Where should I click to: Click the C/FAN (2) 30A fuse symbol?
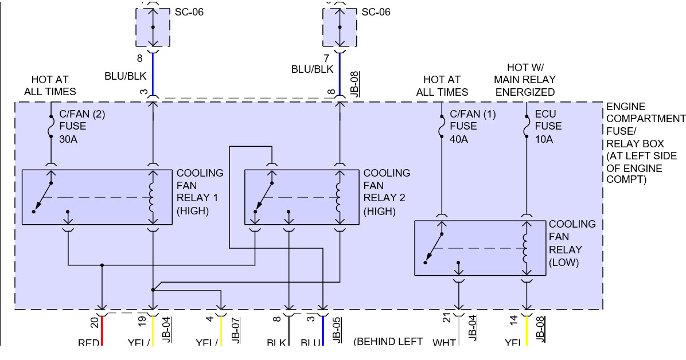[51, 126]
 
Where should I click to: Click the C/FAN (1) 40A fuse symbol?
[442, 126]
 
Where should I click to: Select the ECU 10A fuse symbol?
[527, 126]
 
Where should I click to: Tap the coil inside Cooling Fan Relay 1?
[153, 198]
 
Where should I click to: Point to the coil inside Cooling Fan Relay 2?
[340, 198]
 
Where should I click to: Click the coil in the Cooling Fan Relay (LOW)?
[526, 248]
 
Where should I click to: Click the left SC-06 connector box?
[153, 28]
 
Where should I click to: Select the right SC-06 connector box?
[340, 28]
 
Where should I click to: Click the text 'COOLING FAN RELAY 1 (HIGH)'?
[200, 191]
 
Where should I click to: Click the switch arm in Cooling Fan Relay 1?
[43, 197]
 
